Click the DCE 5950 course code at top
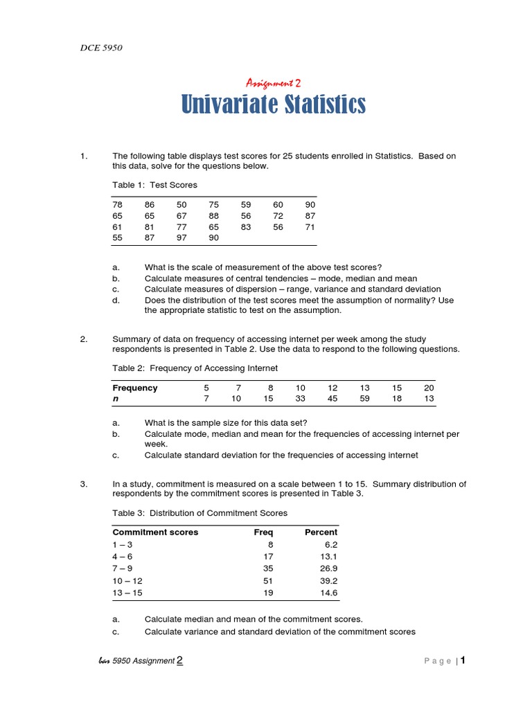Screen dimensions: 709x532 pos(103,48)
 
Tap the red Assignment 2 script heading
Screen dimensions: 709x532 pos(274,83)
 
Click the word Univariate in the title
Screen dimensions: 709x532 pos(227,105)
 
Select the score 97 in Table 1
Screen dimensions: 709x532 pos(181,237)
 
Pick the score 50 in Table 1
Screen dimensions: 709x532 pos(181,205)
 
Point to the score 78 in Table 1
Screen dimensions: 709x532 pos(118,205)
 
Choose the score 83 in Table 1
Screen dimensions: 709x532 pos(246,226)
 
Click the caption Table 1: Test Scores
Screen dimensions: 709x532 pos(154,185)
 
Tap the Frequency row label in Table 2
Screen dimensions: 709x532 pos(135,388)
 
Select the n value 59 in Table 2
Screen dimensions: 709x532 pos(365,399)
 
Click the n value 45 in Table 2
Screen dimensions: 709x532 pos(332,399)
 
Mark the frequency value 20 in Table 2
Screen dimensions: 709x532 pos(429,388)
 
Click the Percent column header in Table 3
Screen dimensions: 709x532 pos(321,532)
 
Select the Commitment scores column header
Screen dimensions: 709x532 pos(155,532)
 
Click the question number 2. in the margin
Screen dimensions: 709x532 pos(84,339)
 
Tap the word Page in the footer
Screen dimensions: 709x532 pos(438,661)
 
